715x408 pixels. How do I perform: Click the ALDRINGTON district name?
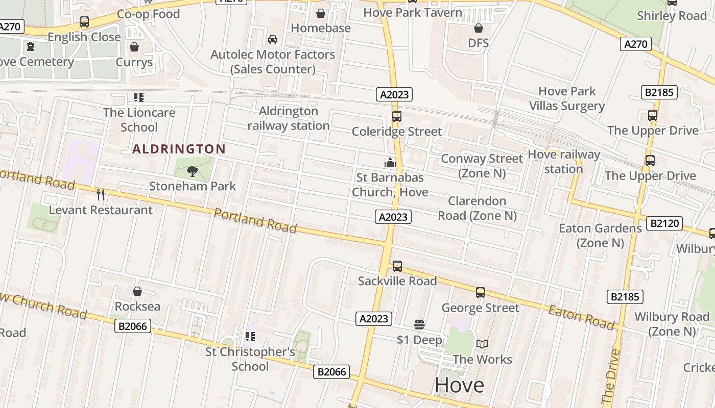pyautogui.click(x=179, y=149)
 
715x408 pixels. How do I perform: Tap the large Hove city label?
pyautogui.click(x=459, y=385)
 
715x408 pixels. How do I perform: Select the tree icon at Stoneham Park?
pyautogui.click(x=193, y=171)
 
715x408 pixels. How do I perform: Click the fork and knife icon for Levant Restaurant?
pyautogui.click(x=101, y=194)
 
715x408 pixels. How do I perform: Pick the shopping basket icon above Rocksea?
pyautogui.click(x=137, y=291)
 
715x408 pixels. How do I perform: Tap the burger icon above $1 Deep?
pyautogui.click(x=419, y=325)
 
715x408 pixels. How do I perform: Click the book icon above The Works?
pyautogui.click(x=482, y=344)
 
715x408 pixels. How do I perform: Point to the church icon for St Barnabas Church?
pyautogui.click(x=390, y=163)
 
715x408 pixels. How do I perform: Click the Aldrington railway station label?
pyautogui.click(x=289, y=118)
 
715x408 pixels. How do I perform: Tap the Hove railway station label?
pyautogui.click(x=563, y=161)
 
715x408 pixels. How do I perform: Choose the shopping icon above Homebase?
pyautogui.click(x=321, y=13)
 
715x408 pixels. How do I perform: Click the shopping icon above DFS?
pyautogui.click(x=479, y=28)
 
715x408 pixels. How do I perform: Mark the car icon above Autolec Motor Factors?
pyautogui.click(x=273, y=39)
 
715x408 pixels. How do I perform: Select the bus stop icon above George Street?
pyautogui.click(x=480, y=293)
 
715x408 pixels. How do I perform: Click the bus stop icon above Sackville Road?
pyautogui.click(x=397, y=266)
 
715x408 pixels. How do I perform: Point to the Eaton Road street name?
pyautogui.click(x=582, y=316)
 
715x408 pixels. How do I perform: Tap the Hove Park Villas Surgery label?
pyautogui.click(x=567, y=98)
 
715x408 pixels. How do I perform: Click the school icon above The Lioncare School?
pyautogui.click(x=138, y=97)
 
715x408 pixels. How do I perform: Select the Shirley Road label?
pyautogui.click(x=672, y=16)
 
